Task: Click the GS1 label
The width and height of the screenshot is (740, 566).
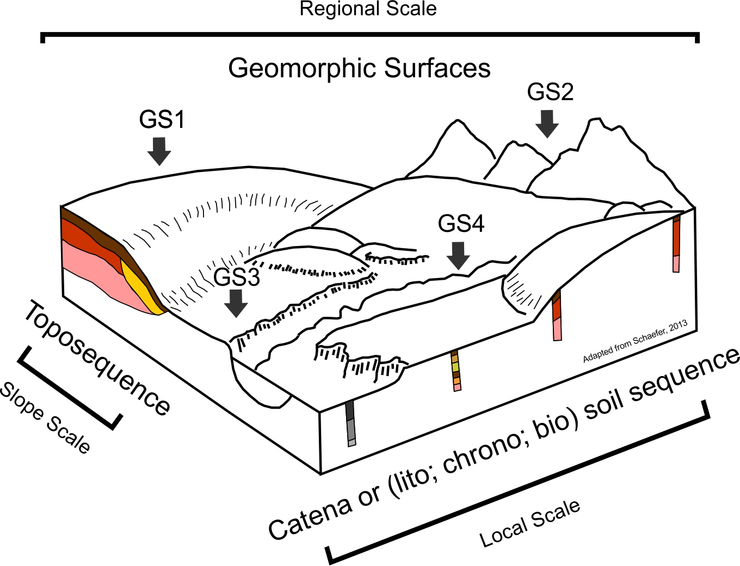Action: (162, 120)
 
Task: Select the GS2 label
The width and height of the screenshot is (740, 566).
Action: (550, 92)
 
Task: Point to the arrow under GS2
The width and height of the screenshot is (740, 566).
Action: (547, 124)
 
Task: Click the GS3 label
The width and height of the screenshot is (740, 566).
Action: (237, 278)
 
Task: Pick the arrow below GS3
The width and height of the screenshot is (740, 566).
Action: (236, 303)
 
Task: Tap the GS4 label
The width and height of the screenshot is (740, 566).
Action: (461, 224)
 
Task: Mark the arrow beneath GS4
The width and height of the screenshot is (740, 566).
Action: (460, 255)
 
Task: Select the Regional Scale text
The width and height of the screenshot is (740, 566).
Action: (368, 9)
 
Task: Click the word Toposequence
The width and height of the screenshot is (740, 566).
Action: (97, 358)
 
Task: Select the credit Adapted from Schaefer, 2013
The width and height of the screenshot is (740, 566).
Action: (635, 341)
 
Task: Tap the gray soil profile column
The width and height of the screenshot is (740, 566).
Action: (350, 424)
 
